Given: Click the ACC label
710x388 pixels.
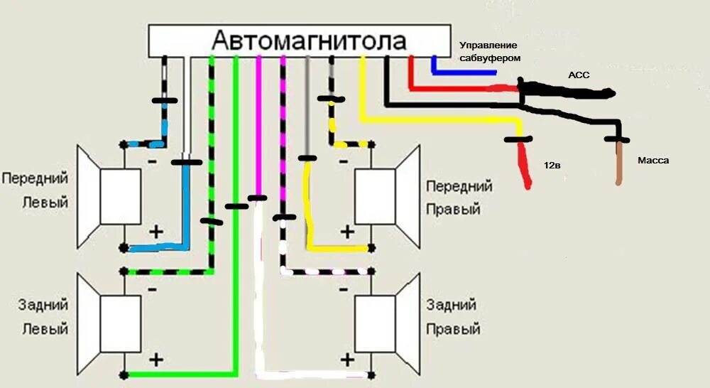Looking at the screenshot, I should [579, 75].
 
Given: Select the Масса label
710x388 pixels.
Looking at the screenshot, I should [652, 161].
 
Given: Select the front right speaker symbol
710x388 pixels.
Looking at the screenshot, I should [386, 196].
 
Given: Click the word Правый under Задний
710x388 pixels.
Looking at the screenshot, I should [453, 330].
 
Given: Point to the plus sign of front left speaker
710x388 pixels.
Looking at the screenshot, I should [155, 232].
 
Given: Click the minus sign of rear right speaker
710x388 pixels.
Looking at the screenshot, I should [343, 289].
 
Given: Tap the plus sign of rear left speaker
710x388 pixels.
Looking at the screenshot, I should [155, 358].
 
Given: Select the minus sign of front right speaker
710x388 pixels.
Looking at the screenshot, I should [343, 161].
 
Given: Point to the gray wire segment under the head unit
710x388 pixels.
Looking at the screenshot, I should [307, 107].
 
